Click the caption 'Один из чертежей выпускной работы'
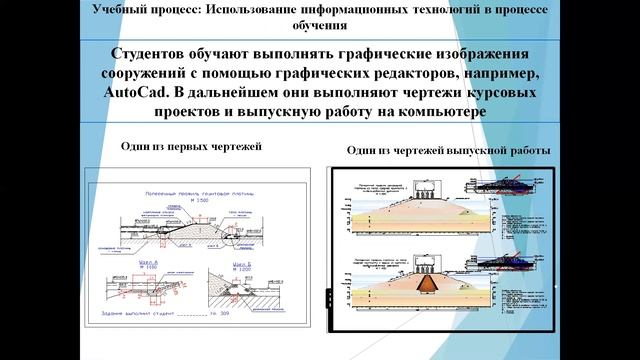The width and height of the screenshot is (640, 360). (x=448, y=150)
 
